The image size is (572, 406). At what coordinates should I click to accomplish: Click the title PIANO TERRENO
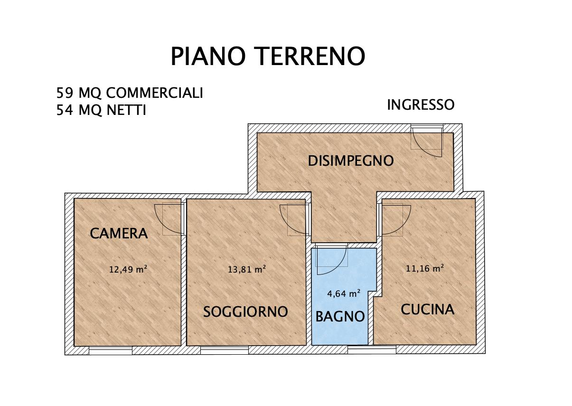tap(268, 57)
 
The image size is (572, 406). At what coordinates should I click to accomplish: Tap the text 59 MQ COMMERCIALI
tap(130, 93)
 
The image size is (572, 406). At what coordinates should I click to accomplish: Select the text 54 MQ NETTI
tap(101, 111)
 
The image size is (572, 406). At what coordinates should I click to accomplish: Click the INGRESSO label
tap(421, 105)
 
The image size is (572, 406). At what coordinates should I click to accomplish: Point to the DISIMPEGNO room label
tap(350, 161)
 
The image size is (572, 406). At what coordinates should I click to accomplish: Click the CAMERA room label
tap(119, 233)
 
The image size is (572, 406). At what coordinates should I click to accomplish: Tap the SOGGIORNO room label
tap(245, 312)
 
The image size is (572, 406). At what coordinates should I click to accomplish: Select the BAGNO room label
tap(340, 316)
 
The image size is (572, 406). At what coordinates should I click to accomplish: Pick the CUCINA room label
tap(427, 310)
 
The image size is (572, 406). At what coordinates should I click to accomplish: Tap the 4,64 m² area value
tap(344, 293)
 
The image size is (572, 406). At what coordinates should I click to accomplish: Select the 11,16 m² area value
tap(425, 268)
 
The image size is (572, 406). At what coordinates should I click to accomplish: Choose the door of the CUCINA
tap(392, 219)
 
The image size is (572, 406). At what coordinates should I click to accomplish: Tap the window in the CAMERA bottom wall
tap(111, 350)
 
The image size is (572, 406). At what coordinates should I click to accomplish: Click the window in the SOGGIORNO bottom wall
tap(224, 350)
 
